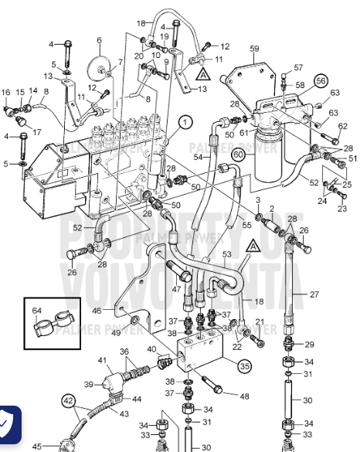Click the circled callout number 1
[x=185, y=121]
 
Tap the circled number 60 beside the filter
[x=239, y=155]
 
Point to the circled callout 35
[x=244, y=366]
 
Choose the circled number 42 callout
[x=69, y=400]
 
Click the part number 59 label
[x=253, y=49]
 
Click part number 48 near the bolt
[x=245, y=397]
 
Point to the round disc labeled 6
[x=99, y=66]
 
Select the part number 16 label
[x=5, y=93]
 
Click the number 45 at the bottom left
[x=36, y=446]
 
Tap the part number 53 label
[x=227, y=254]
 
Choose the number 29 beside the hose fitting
[x=310, y=344]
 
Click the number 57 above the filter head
[x=298, y=67]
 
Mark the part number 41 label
[x=102, y=360]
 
